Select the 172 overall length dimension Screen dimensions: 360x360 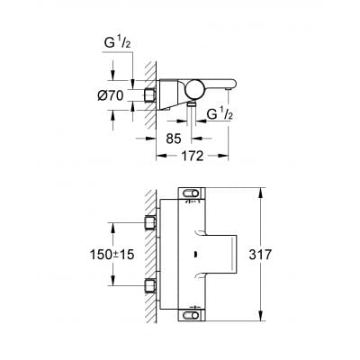187,156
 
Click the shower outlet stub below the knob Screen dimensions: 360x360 191,106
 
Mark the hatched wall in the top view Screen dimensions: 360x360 137,90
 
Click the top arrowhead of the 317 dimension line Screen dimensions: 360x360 260,190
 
